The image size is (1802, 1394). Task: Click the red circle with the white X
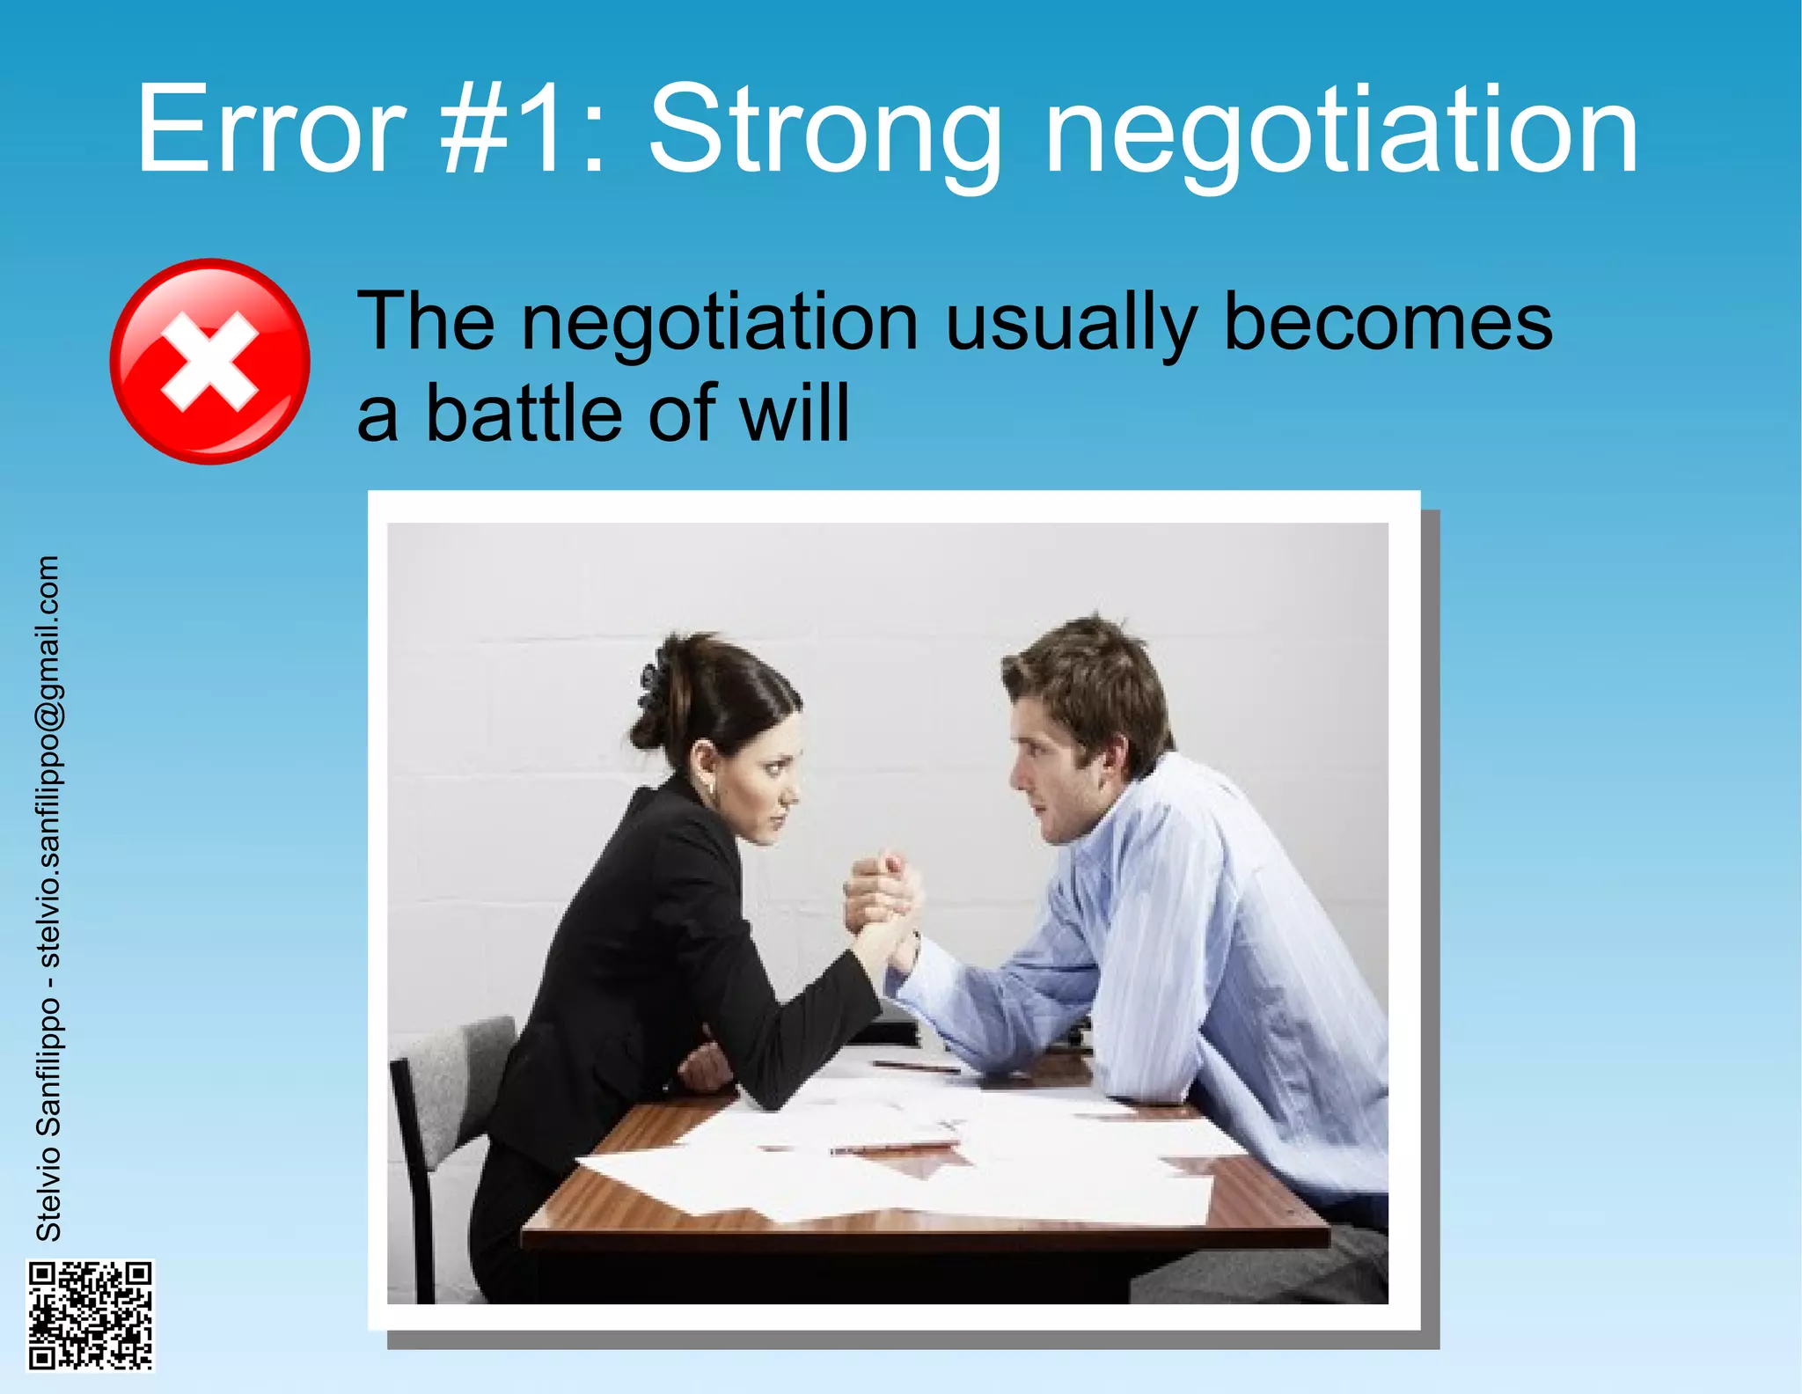point(209,361)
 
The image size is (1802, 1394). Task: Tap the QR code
point(90,1315)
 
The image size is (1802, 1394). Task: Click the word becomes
point(1388,322)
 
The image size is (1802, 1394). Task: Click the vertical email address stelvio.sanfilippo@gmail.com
point(49,762)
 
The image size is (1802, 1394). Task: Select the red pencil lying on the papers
point(893,1148)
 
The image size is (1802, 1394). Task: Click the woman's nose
point(792,796)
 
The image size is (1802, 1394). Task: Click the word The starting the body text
point(426,322)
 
